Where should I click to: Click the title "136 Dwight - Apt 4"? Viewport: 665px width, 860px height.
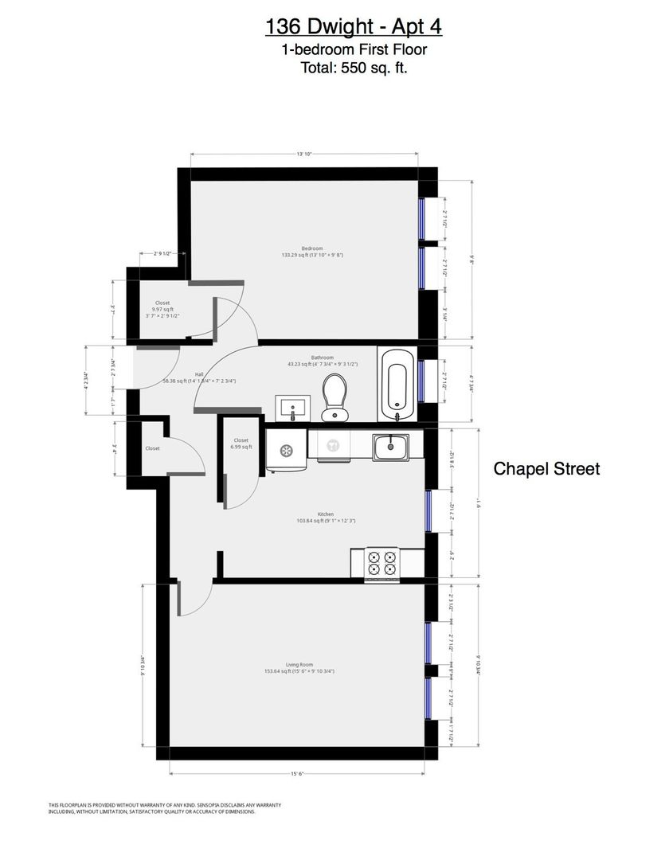[x=353, y=27]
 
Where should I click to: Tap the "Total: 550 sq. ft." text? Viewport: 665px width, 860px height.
[x=354, y=68]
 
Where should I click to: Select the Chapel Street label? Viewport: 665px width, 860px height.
[x=546, y=468]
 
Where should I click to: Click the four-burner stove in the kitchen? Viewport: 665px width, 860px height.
[x=381, y=562]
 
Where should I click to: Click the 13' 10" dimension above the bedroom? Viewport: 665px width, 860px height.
[x=304, y=154]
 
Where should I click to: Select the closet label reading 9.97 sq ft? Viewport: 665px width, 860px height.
[x=162, y=309]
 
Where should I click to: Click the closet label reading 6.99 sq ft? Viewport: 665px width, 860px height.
[x=241, y=444]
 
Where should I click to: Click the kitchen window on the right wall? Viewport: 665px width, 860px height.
[x=428, y=510]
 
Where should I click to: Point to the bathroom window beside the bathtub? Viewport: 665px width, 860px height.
[x=421, y=381]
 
